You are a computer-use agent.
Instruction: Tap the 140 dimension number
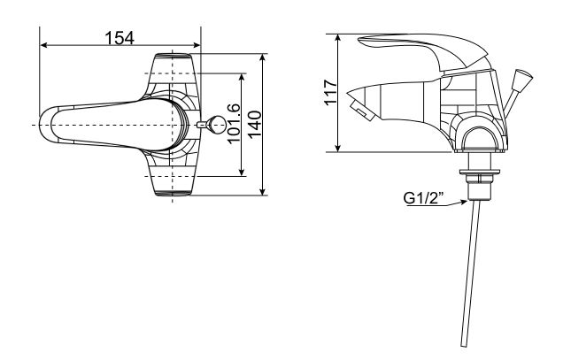pyautogui.click(x=254, y=124)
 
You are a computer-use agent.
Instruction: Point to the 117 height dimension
pyautogui.click(x=330, y=93)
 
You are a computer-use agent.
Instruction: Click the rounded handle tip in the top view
pyautogui.click(x=49, y=125)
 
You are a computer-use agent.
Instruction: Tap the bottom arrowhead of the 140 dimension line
pyautogui.click(x=265, y=192)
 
